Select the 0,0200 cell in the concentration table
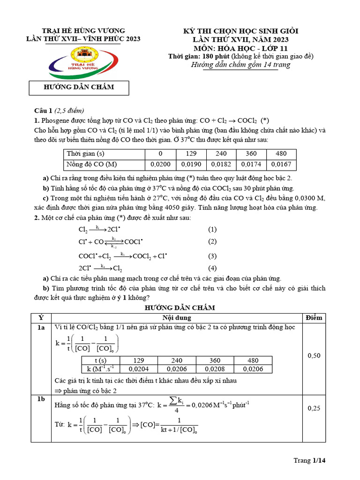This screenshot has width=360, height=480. point(160,165)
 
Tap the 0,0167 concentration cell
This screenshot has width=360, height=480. point(281,165)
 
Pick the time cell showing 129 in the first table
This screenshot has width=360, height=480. point(191,154)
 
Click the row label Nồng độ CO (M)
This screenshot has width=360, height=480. point(92,165)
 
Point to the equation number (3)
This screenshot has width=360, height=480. point(212,256)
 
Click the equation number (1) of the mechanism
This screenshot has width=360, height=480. point(212,229)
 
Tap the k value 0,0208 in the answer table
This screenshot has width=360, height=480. point(215,369)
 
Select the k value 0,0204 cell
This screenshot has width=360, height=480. point(139,369)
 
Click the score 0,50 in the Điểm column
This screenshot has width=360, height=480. point(314,356)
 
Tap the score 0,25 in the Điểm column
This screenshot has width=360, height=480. point(314,408)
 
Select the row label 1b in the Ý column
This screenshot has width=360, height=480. point(41,398)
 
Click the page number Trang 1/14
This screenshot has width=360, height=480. point(309,460)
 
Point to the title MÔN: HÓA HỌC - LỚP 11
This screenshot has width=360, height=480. point(241,48)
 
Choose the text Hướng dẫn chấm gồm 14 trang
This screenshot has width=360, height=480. point(241,65)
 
